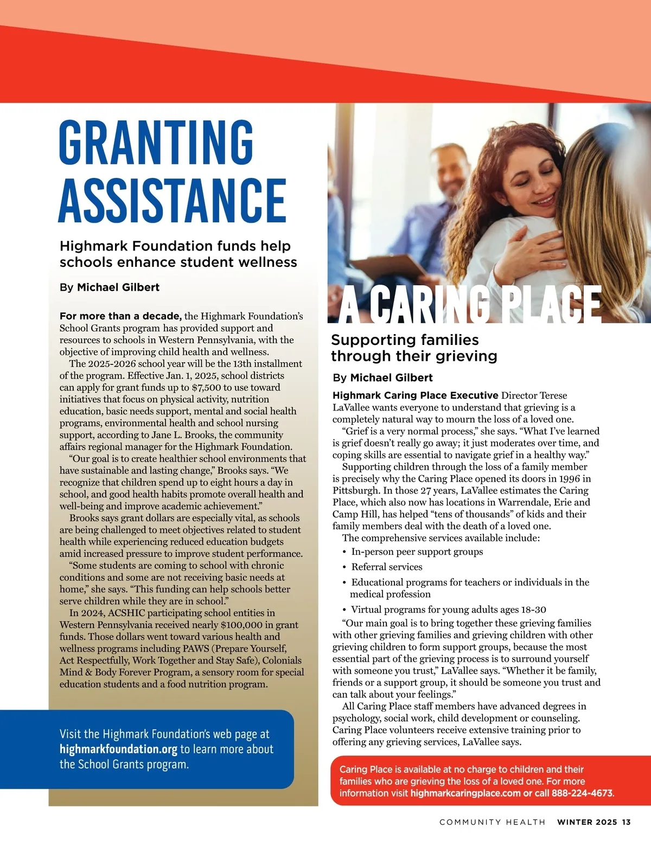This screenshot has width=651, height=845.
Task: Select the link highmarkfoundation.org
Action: pyautogui.click(x=118, y=750)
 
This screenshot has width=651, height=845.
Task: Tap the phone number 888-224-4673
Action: pyautogui.click(x=582, y=793)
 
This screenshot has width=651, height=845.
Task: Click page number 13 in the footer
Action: pyautogui.click(x=627, y=822)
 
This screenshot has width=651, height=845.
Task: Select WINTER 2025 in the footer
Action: pyautogui.click(x=587, y=822)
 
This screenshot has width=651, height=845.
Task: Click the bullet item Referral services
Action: pyautogui.click(x=386, y=567)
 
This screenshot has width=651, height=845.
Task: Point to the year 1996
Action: pyautogui.click(x=569, y=478)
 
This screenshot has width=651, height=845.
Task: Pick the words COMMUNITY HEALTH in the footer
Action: pyautogui.click(x=492, y=822)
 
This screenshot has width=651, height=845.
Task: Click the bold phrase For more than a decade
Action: pyautogui.click(x=120, y=316)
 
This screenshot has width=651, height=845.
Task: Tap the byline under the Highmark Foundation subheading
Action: pyautogui.click(x=110, y=287)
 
